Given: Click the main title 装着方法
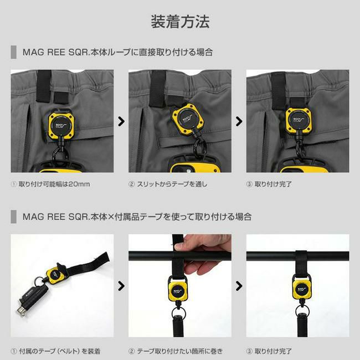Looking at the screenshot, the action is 180,22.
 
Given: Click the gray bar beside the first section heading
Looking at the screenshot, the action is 13,52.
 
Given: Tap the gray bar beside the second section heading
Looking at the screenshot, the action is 13,217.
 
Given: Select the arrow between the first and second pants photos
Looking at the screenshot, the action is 121,121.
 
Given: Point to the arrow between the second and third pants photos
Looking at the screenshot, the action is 239,121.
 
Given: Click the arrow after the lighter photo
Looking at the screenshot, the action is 121,286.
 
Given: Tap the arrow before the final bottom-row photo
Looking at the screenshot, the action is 239,286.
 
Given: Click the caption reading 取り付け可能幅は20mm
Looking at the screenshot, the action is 54,184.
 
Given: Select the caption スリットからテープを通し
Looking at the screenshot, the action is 172,184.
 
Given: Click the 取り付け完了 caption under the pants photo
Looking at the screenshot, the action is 273,184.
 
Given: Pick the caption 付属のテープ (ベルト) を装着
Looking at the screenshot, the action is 60,351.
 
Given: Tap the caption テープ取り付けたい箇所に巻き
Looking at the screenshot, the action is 180,351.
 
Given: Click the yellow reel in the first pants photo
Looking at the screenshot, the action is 61,125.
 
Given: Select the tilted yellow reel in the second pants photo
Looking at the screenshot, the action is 187,119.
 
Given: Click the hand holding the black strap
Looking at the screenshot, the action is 202,254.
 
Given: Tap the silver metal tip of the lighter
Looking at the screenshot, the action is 22,310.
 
